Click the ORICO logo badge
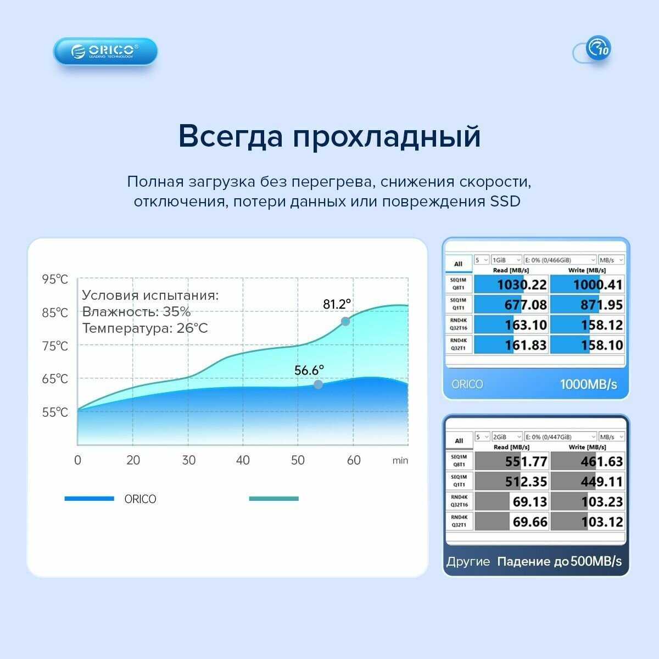(105, 51)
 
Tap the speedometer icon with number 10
(598, 48)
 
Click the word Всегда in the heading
(231, 136)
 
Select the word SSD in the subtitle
(505, 201)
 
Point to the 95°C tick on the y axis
(55, 279)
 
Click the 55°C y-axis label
(55, 412)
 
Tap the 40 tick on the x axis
(243, 460)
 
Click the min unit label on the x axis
(400, 461)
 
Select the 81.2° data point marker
(345, 321)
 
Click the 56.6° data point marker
(318, 384)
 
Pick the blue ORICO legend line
(90, 499)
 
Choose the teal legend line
(274, 499)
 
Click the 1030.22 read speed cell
(511, 284)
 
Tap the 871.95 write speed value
(601, 304)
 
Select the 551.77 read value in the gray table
(526, 461)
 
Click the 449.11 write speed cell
(588, 482)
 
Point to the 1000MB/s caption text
(589, 384)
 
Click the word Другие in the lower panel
(468, 561)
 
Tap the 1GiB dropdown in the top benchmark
(506, 260)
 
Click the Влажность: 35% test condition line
(136, 311)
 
